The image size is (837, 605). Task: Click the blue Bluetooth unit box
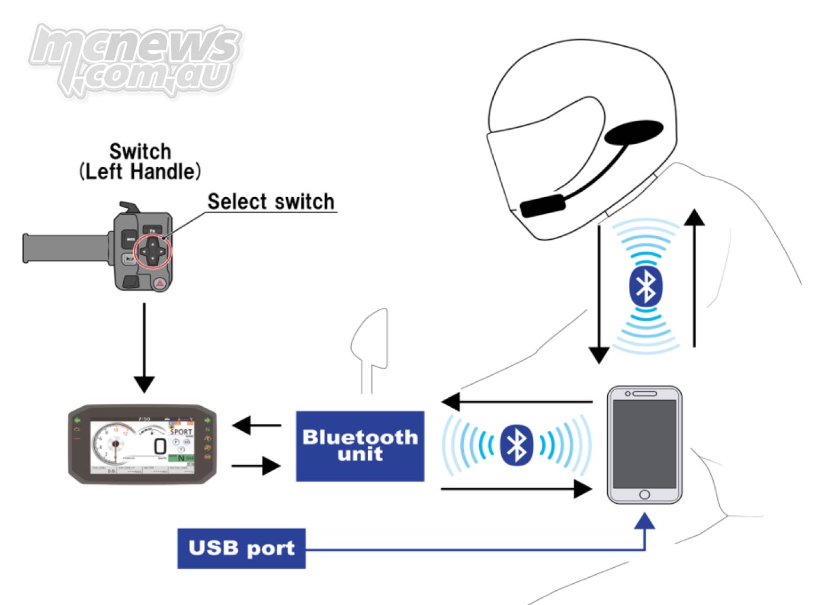(x=360, y=446)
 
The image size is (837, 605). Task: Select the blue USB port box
(x=241, y=548)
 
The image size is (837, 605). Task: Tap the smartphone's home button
(x=644, y=494)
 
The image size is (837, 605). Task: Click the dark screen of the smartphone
(x=644, y=443)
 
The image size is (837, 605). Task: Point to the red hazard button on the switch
(x=160, y=284)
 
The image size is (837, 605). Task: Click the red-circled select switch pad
(x=153, y=251)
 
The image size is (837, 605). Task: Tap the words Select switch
(x=271, y=202)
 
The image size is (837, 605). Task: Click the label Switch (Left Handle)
(x=140, y=162)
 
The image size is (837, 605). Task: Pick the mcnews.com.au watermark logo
(x=135, y=59)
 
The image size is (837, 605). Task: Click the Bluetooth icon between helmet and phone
(x=645, y=287)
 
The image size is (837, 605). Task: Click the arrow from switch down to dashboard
(x=144, y=349)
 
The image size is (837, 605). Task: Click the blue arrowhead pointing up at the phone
(x=644, y=522)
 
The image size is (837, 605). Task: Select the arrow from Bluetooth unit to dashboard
(x=256, y=424)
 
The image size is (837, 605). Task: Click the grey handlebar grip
(x=65, y=248)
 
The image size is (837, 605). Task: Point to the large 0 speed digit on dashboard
(x=159, y=446)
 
